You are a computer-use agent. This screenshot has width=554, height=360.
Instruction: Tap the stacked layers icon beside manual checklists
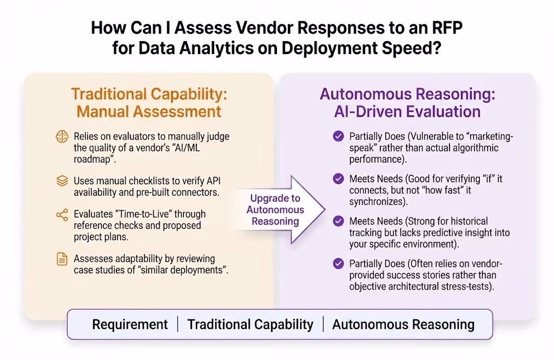[62, 181]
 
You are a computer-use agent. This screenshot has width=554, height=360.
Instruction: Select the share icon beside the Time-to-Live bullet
[62, 215]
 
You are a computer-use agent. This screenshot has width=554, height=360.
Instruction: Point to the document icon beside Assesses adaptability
[62, 259]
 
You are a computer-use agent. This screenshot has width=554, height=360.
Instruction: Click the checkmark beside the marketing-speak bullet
[339, 136]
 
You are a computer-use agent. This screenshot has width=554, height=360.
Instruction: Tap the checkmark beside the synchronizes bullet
[339, 178]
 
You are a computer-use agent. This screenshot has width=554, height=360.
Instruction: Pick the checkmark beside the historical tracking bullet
[339, 221]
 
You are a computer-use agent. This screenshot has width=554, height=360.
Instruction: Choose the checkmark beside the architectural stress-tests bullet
[339, 264]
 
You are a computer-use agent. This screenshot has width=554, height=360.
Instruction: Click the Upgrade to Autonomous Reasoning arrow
[279, 209]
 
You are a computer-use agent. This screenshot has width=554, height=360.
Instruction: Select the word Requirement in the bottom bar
[130, 324]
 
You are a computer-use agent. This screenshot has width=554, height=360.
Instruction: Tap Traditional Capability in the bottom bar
[250, 324]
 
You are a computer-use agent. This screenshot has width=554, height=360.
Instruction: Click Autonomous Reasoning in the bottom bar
[403, 324]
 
